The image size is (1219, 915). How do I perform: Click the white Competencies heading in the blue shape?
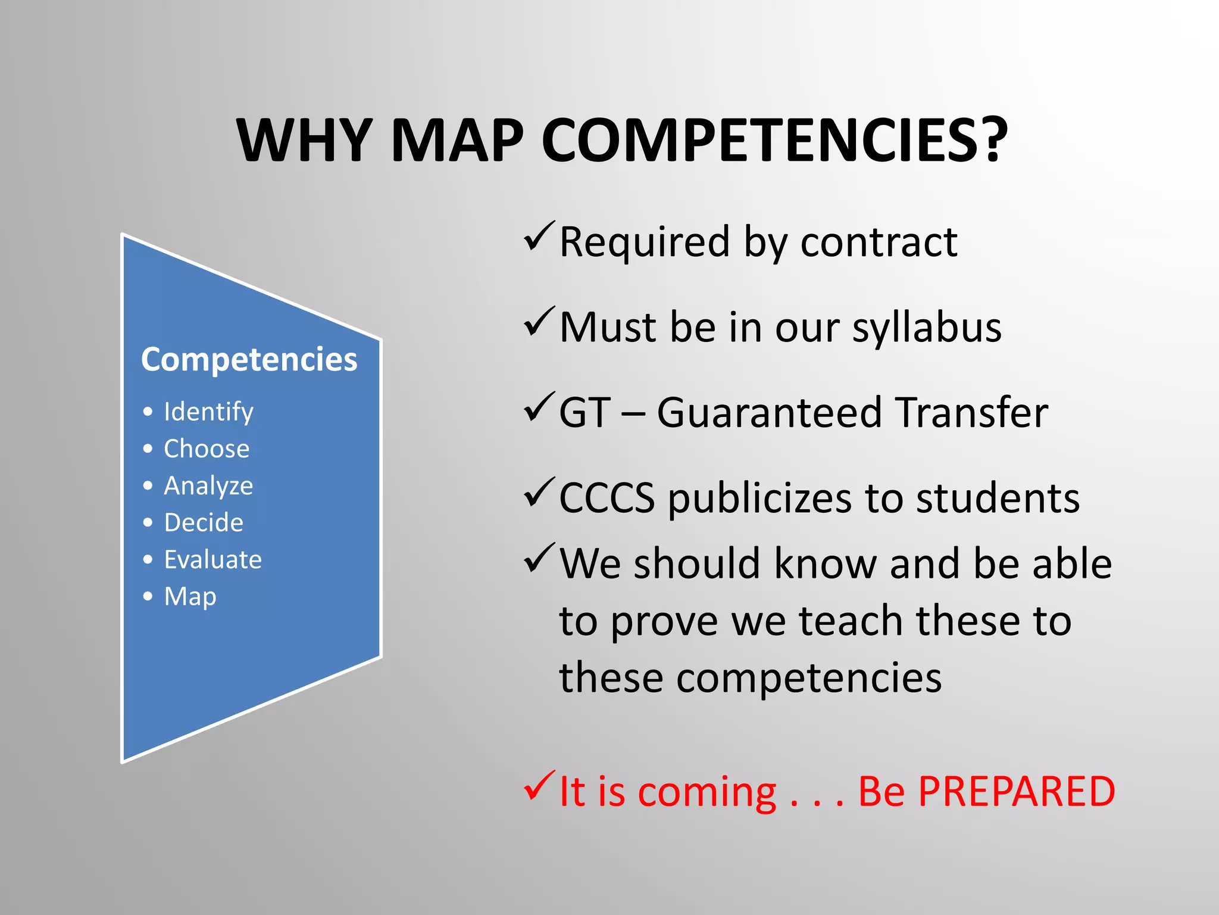(x=249, y=360)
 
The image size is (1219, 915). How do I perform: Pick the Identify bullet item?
(x=208, y=412)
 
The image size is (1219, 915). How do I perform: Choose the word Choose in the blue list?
(x=207, y=449)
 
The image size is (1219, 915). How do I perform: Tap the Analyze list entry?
(x=208, y=486)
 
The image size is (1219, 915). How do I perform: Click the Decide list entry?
(x=204, y=523)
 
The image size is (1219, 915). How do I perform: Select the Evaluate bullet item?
(x=212, y=560)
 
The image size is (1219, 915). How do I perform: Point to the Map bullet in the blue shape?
(x=190, y=597)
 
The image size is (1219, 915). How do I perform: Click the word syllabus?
(x=927, y=328)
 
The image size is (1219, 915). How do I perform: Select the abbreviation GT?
(x=585, y=413)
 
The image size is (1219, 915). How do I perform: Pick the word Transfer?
(x=971, y=413)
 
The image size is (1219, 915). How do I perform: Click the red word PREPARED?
(x=1016, y=792)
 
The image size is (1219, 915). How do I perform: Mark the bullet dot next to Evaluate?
(x=148, y=559)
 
